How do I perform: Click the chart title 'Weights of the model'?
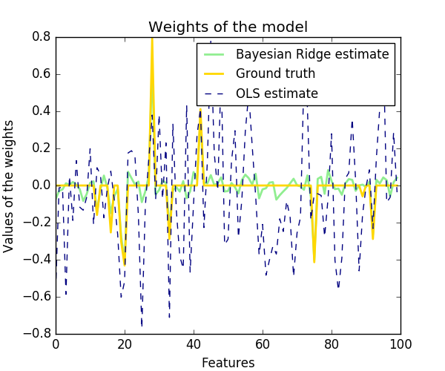point(228,27)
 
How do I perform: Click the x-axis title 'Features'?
point(228,362)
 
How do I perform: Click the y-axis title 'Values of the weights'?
point(9,185)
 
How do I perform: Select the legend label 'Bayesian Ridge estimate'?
point(312,54)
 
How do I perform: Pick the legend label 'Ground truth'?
point(275,73)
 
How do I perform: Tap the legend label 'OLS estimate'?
point(277,93)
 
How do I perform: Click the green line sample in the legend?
point(216,54)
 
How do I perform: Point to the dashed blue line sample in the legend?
point(216,93)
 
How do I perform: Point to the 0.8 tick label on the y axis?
point(41,37)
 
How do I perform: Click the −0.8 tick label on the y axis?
point(38,334)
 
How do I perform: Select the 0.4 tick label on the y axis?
point(41,111)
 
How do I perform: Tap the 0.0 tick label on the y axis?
point(41,185)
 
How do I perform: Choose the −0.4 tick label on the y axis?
point(38,260)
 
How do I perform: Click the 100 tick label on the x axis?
point(400,344)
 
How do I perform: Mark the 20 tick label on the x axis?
point(125,344)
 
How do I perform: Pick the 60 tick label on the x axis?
point(263,344)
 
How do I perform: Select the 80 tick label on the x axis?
point(332,344)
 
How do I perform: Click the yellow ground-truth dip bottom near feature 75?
point(314,261)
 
